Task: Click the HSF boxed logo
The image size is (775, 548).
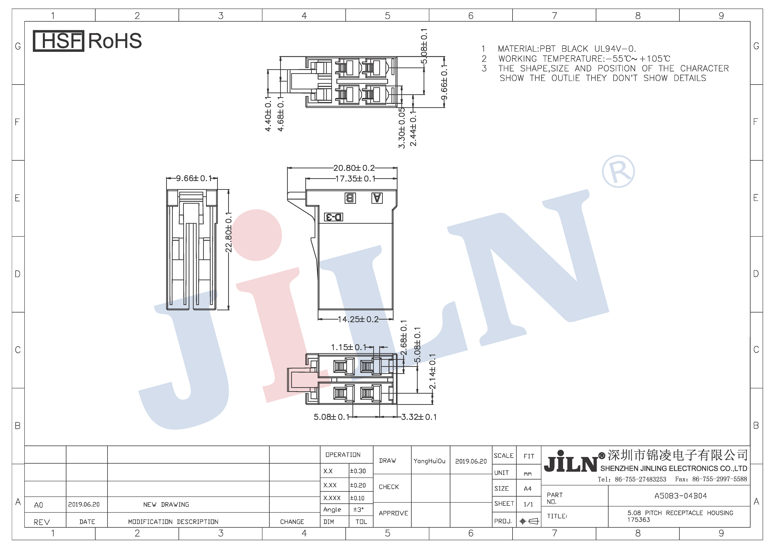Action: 58,41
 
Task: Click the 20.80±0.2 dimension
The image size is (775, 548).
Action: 354,168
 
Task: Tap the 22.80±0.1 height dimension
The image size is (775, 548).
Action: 229,232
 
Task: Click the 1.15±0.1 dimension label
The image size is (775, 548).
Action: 348,347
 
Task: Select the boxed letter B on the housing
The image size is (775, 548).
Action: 350,198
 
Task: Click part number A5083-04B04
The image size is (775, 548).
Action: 680,496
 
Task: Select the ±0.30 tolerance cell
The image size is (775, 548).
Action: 358,471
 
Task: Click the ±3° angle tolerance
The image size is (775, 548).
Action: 358,510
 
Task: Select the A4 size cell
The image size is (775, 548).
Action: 528,489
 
